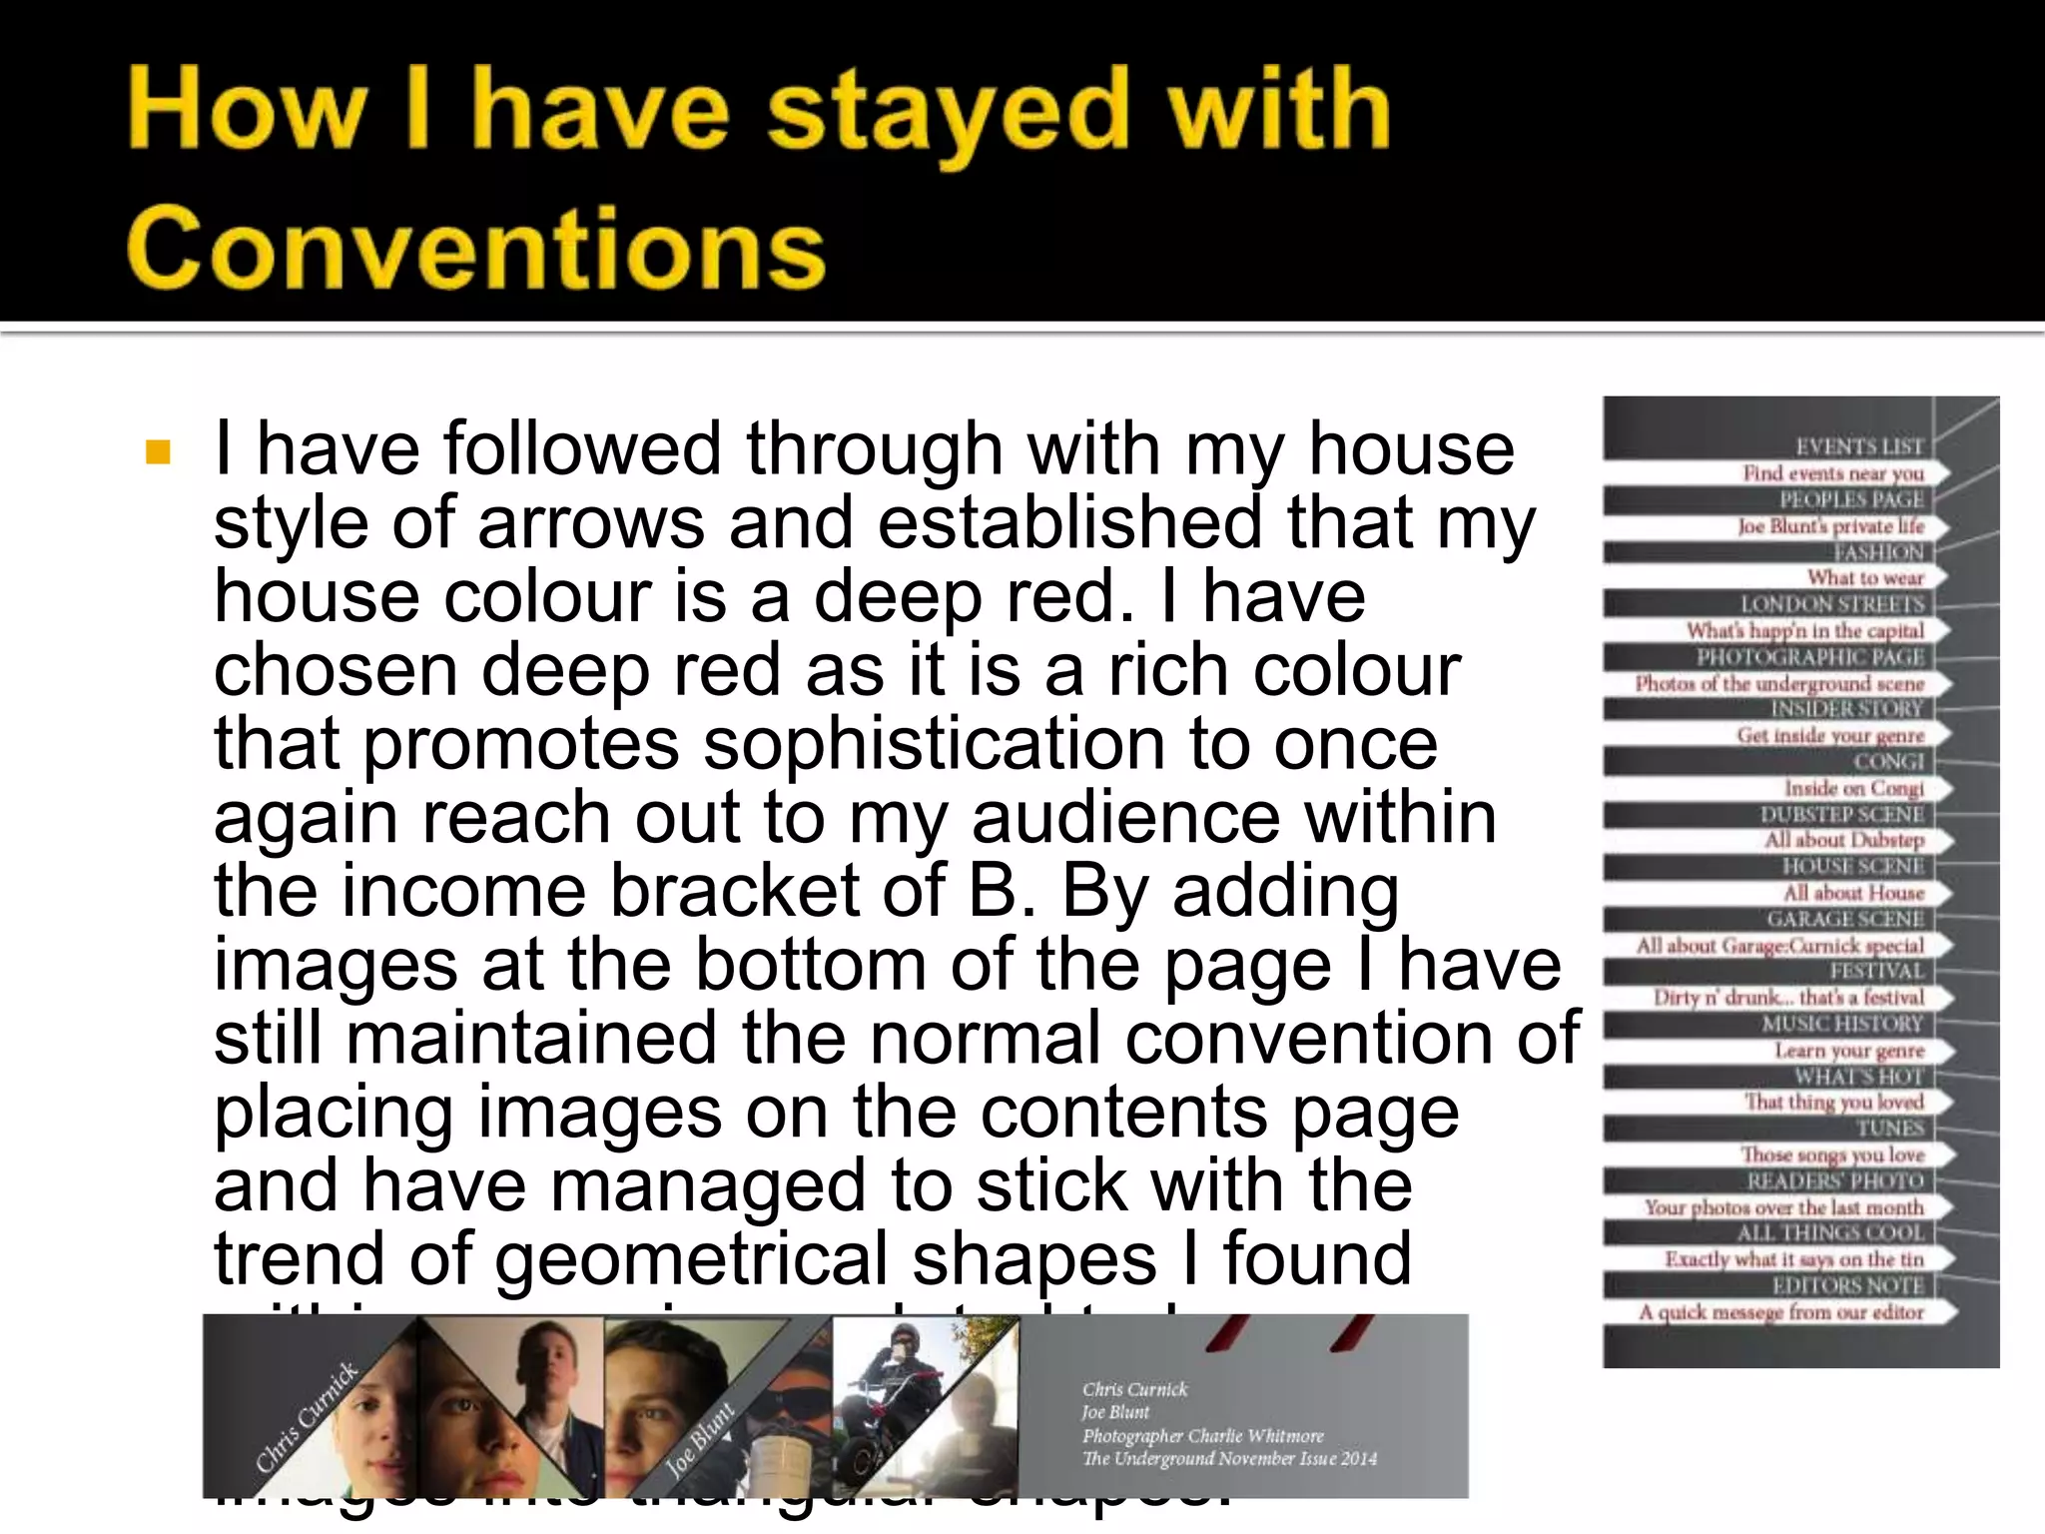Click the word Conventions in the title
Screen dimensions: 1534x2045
476,247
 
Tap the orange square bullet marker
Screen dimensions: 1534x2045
158,452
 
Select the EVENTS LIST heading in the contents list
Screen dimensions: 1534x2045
1859,446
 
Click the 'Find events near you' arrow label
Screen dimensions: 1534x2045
1832,473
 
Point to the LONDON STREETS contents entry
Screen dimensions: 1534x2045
1831,604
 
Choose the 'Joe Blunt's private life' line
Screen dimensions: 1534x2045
1829,526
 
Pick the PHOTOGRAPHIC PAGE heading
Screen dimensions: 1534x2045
1809,657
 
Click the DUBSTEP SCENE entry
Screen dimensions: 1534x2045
1841,814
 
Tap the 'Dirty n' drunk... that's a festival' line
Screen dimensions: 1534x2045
1787,998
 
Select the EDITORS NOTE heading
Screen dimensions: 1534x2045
1847,1285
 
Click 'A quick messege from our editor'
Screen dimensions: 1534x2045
1780,1312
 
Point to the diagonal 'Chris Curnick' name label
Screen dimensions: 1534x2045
306,1417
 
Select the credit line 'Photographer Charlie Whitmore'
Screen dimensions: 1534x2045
1202,1436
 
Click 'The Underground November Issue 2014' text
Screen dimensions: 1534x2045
1228,1459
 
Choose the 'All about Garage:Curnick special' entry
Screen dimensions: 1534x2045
1778,946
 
